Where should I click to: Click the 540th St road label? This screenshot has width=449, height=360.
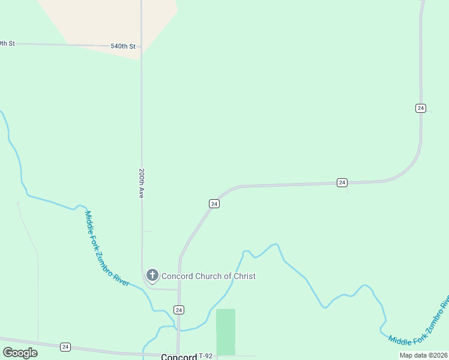(122, 46)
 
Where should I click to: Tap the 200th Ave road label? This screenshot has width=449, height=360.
(142, 184)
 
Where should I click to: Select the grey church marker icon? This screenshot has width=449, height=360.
(152, 276)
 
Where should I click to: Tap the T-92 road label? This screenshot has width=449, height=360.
(205, 356)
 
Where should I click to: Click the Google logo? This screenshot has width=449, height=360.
(20, 353)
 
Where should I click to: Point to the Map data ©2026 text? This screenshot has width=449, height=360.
(424, 355)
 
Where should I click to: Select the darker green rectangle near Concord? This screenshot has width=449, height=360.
(226, 332)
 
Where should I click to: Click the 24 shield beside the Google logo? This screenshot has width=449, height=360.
(65, 347)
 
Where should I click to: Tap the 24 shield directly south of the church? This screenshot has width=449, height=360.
(179, 310)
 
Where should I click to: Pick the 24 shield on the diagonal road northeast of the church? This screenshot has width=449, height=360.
(214, 204)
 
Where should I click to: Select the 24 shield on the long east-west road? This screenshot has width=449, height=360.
(342, 182)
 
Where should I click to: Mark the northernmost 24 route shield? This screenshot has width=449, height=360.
(420, 108)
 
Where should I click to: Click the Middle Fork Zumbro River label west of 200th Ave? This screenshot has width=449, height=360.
(107, 248)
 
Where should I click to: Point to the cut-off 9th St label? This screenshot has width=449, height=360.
(7, 43)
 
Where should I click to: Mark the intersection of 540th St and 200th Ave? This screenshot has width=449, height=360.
(142, 46)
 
